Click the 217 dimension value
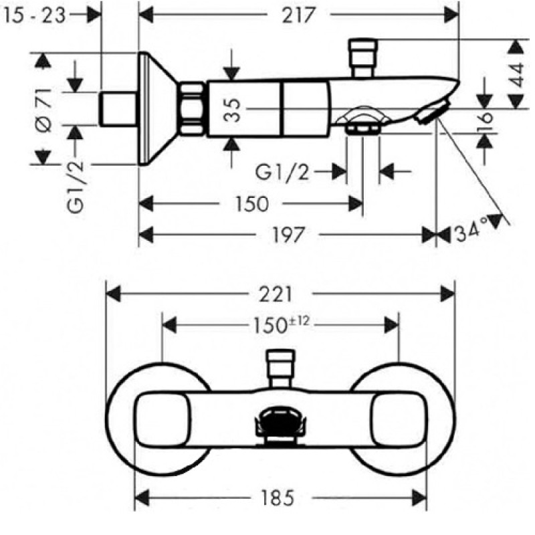click(298, 15)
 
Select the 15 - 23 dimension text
click(33, 15)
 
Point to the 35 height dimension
click(232, 110)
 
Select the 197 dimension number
click(288, 235)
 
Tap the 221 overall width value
click(276, 294)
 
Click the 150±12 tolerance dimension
click(281, 325)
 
